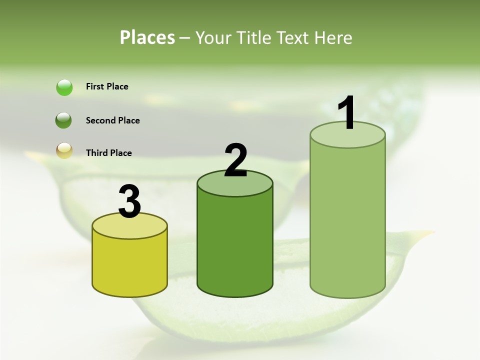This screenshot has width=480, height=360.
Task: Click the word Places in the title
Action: pyautogui.click(x=147, y=37)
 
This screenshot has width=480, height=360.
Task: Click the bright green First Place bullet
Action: pyautogui.click(x=64, y=87)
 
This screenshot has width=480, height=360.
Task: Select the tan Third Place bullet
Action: pyautogui.click(x=64, y=150)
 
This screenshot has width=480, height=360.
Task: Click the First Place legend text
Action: pyautogui.click(x=107, y=86)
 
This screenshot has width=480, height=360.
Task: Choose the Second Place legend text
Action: pyautogui.click(x=112, y=120)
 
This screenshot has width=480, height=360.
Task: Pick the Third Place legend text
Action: pyautogui.click(x=108, y=153)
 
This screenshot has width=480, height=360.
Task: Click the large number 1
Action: pyautogui.click(x=346, y=114)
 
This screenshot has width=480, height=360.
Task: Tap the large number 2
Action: pyautogui.click(x=235, y=161)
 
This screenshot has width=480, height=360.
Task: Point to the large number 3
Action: pyautogui.click(x=130, y=201)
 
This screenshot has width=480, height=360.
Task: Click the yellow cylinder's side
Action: pyautogui.click(x=130, y=265)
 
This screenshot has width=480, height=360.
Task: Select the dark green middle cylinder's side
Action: pyautogui.click(x=235, y=245)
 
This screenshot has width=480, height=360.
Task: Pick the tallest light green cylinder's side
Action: pyautogui.click(x=347, y=220)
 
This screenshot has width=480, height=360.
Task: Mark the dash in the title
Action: pyautogui.click(x=184, y=38)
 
